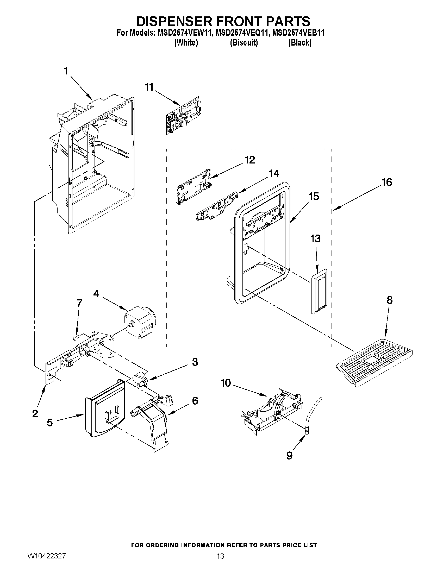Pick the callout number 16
(386, 182)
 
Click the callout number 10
(226, 383)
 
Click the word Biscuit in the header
(244, 43)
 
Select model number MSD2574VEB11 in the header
(298, 33)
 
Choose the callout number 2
(35, 414)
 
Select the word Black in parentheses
(300, 43)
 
